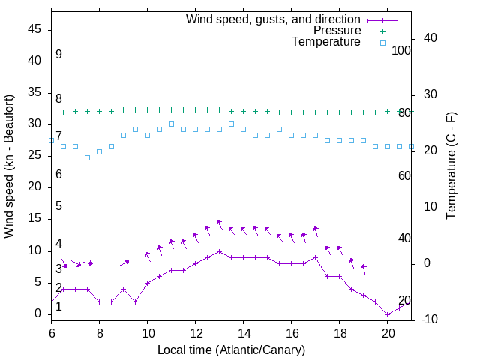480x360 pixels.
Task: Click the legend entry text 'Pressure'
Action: click(337, 31)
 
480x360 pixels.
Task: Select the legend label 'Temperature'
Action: click(326, 43)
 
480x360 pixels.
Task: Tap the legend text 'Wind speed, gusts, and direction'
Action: click(273, 19)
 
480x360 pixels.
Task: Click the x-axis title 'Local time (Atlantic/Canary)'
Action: click(231, 350)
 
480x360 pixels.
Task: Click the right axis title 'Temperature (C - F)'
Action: click(451, 166)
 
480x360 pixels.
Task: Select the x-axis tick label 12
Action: click(195, 332)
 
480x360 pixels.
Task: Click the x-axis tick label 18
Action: click(339, 332)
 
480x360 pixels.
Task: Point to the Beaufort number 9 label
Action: click(58, 55)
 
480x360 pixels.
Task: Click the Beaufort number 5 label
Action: click(58, 206)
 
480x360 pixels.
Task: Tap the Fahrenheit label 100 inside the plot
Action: click(401, 50)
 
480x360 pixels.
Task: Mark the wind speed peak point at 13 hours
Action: click(219, 251)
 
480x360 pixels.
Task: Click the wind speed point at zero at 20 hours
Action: click(387, 314)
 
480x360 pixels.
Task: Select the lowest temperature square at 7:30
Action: click(87, 157)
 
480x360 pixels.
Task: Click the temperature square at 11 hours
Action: click(171, 124)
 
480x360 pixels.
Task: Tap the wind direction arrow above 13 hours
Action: click(218, 224)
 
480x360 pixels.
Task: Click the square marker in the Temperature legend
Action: click(382, 43)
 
